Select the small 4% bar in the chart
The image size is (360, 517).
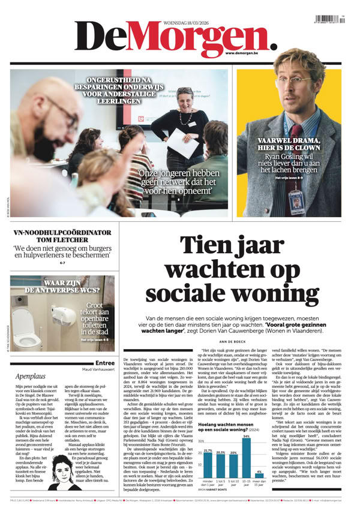tap(259, 479)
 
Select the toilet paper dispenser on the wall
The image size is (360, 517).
tap(63, 314)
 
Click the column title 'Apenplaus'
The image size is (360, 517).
tap(31, 376)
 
